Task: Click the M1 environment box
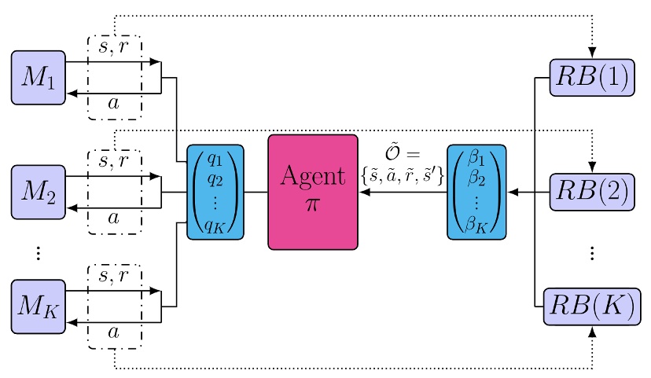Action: (x=38, y=78)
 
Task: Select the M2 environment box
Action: (x=38, y=191)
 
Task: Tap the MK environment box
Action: (x=38, y=305)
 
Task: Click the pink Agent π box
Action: (x=313, y=192)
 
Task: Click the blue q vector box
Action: (x=215, y=192)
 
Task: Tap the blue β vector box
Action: (x=476, y=192)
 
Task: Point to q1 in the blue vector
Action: (x=215, y=161)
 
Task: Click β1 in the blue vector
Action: (x=476, y=161)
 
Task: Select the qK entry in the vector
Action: (x=215, y=226)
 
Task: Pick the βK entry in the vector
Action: (x=476, y=226)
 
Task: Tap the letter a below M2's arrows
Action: (x=114, y=217)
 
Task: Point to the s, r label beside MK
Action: (x=114, y=275)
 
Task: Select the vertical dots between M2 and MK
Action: (x=38, y=252)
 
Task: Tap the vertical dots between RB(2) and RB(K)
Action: (x=591, y=252)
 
